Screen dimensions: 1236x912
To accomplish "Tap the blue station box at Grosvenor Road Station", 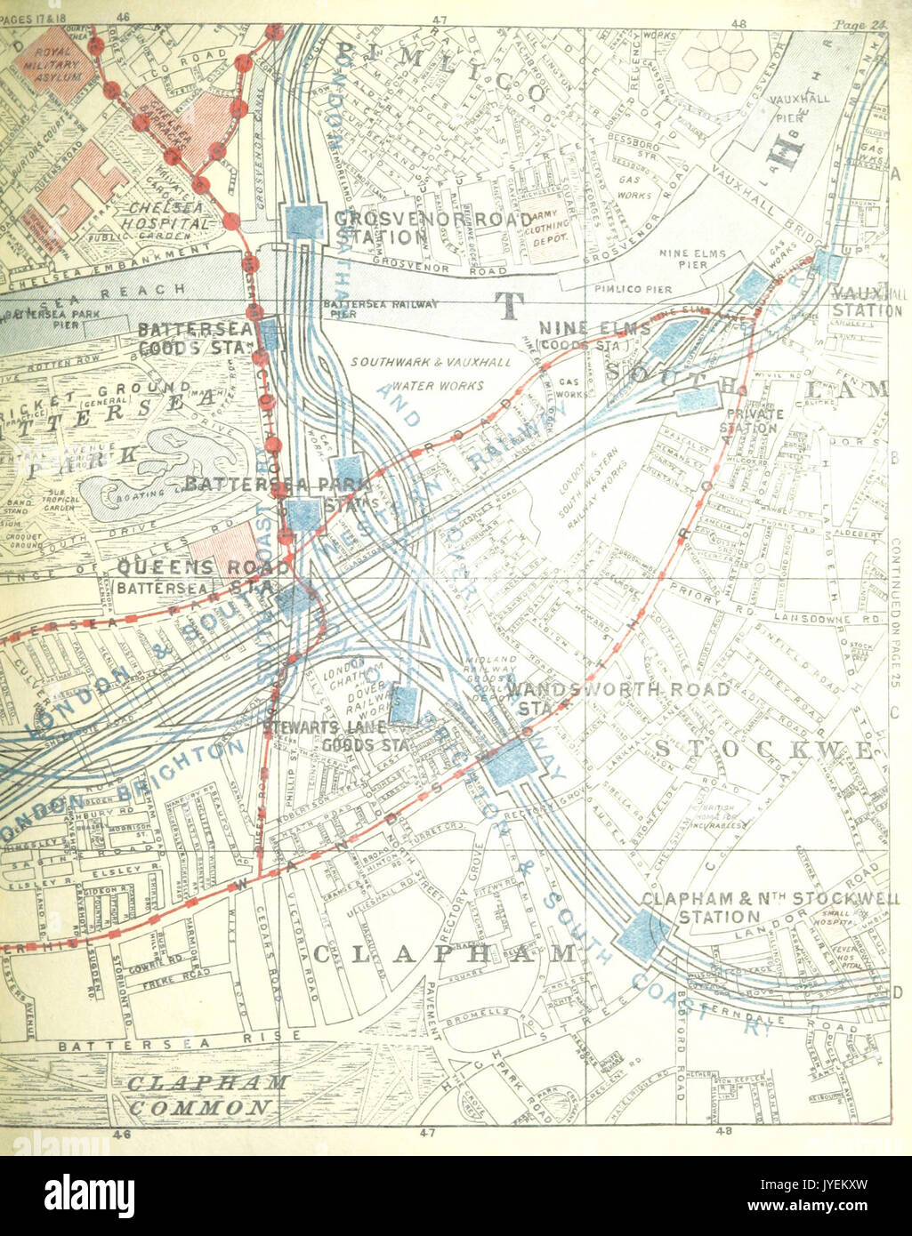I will pos(304,222).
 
